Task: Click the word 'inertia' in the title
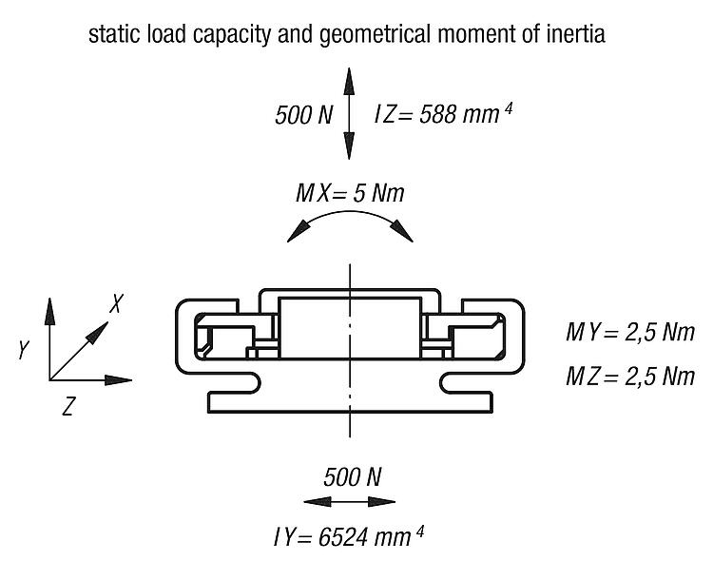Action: [x=576, y=34]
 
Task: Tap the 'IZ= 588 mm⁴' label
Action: [x=443, y=114]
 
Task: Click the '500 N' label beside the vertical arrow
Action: [x=304, y=115]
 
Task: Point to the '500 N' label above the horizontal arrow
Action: [x=353, y=476]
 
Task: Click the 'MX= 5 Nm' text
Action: [x=350, y=193]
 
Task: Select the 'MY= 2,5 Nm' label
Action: [x=630, y=333]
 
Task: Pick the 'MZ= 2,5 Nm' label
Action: [x=630, y=377]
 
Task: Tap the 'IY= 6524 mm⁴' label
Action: [x=349, y=537]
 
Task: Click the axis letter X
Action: [x=117, y=303]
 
